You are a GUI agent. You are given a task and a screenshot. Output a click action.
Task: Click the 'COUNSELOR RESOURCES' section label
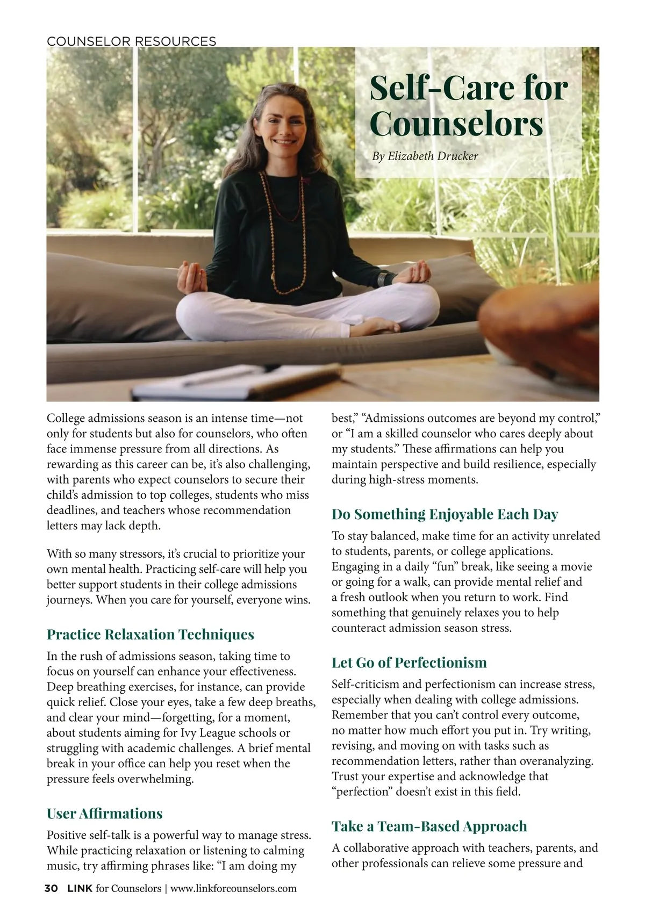(x=132, y=41)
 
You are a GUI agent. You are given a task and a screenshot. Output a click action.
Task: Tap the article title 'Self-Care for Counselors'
(x=468, y=105)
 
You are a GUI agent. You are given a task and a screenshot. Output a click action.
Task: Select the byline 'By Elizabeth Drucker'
(x=425, y=156)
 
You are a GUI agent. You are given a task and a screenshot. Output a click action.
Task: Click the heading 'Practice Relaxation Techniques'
(x=150, y=635)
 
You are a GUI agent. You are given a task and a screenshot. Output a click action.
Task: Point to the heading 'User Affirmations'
(x=105, y=814)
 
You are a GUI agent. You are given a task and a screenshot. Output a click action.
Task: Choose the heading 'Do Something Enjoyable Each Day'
(x=445, y=514)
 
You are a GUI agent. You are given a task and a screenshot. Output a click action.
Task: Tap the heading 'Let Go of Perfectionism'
(x=409, y=663)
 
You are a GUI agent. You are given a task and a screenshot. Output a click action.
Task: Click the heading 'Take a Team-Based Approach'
(x=429, y=826)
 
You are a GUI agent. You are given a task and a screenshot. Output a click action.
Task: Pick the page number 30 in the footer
(x=51, y=888)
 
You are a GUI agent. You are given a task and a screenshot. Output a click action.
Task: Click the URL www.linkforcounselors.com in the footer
(x=233, y=889)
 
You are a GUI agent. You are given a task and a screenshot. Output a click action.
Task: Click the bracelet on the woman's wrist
(x=383, y=279)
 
